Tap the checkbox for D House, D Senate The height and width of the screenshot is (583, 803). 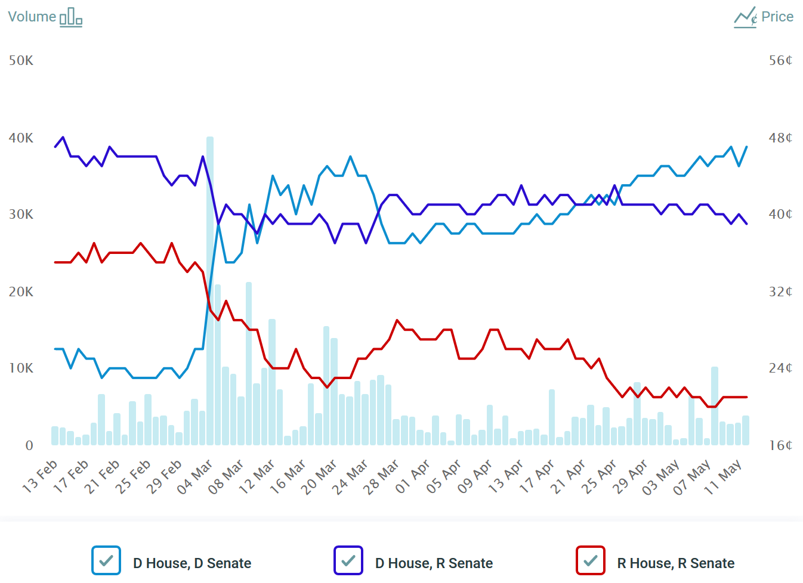click(106, 560)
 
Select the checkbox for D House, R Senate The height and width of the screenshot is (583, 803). click(348, 560)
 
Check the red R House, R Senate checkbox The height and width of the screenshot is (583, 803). click(591, 560)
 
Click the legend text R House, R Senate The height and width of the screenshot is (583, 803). click(675, 563)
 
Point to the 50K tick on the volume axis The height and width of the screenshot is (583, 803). click(21, 61)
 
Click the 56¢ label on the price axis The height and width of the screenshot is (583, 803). click(780, 61)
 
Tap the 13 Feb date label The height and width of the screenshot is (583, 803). click(41, 476)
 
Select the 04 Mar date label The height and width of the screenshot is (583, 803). click(196, 476)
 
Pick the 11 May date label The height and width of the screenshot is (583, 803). click(723, 476)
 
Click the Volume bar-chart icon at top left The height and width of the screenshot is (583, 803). click(71, 17)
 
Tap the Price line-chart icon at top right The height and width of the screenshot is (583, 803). click(746, 17)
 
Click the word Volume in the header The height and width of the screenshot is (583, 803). click(32, 17)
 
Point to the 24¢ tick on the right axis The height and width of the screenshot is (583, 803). click(780, 368)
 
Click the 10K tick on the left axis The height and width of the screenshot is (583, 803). click(21, 368)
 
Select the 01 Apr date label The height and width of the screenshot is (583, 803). click(413, 476)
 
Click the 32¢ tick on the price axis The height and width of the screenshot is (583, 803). click(780, 292)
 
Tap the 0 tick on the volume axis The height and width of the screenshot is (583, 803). click(29, 446)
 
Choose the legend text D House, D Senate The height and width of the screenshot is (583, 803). click(192, 563)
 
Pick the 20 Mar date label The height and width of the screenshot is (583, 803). click(320, 476)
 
